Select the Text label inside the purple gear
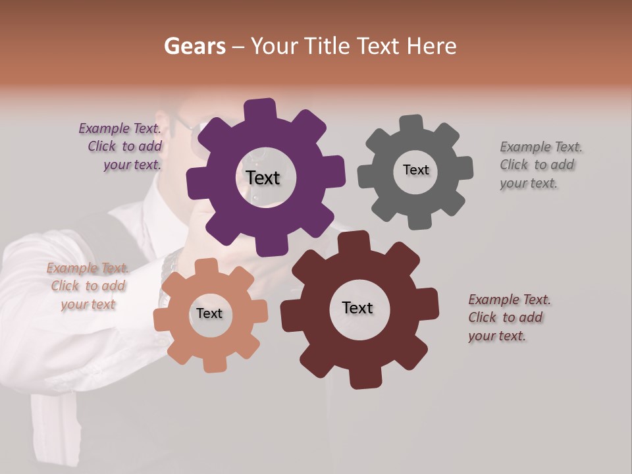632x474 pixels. [263, 178]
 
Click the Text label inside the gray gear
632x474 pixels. [415, 170]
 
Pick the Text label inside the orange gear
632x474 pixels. [209, 313]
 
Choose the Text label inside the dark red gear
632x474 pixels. [357, 307]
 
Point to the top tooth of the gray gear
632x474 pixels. [411, 123]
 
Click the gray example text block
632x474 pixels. [540, 165]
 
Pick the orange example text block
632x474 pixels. [88, 286]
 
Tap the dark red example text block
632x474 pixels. [508, 317]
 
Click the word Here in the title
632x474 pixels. [432, 46]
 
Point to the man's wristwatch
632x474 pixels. [170, 264]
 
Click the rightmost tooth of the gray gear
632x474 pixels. [463, 168]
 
